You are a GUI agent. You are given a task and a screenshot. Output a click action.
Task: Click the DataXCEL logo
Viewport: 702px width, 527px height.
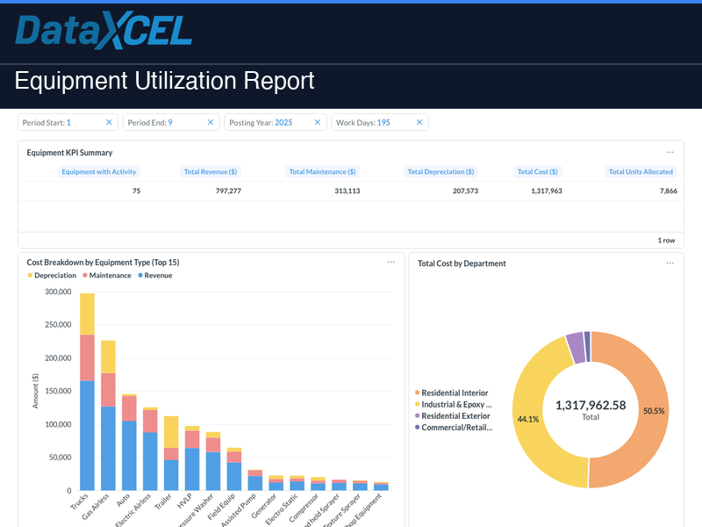[104, 32]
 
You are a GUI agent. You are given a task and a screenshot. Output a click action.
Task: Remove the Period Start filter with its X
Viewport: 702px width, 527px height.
[109, 123]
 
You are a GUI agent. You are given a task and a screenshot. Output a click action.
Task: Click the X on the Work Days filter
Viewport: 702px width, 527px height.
[419, 123]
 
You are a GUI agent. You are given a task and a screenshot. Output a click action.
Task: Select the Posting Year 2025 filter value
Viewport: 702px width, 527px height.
[283, 123]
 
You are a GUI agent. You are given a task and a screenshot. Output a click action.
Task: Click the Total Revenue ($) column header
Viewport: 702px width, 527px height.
[211, 172]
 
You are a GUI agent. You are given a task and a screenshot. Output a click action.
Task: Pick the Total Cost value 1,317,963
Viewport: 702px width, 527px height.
[546, 191]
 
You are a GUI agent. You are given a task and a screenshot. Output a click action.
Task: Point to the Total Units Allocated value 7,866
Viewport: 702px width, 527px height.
[663, 191]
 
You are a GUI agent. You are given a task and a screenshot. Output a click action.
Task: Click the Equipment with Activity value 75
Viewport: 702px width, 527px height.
[136, 191]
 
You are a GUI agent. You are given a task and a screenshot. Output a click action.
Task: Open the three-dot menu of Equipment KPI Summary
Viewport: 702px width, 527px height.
[670, 153]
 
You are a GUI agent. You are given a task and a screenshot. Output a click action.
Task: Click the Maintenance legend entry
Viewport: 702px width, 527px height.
[106, 276]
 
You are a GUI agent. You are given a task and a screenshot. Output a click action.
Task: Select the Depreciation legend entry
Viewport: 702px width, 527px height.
[52, 276]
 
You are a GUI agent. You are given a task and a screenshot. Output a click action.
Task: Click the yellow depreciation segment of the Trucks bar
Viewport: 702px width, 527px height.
[87, 314]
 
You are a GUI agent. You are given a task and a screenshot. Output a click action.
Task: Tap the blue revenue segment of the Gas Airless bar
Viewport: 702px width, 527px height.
[108, 448]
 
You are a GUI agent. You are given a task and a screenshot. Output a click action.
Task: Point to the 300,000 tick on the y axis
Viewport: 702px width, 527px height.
[58, 292]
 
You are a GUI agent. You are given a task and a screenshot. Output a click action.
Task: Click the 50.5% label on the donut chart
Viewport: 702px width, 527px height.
[654, 411]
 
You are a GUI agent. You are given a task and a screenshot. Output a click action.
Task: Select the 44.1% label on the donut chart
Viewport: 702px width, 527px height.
[528, 419]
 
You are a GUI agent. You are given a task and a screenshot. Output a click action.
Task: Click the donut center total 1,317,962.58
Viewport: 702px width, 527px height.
[591, 405]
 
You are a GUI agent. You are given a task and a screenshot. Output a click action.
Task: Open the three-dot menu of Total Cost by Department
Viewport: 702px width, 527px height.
[670, 263]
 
